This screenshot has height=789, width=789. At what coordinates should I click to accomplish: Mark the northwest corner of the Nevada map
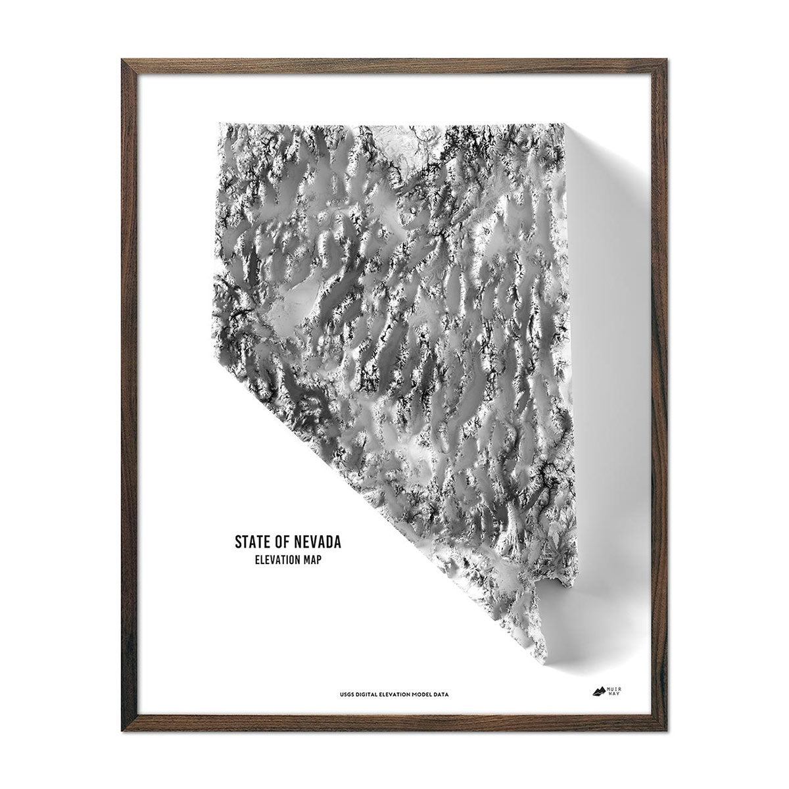coord(220,123)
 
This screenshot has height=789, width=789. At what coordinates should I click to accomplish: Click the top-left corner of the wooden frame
coord(123,60)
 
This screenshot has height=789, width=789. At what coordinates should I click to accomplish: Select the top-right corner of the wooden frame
coord(666,60)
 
